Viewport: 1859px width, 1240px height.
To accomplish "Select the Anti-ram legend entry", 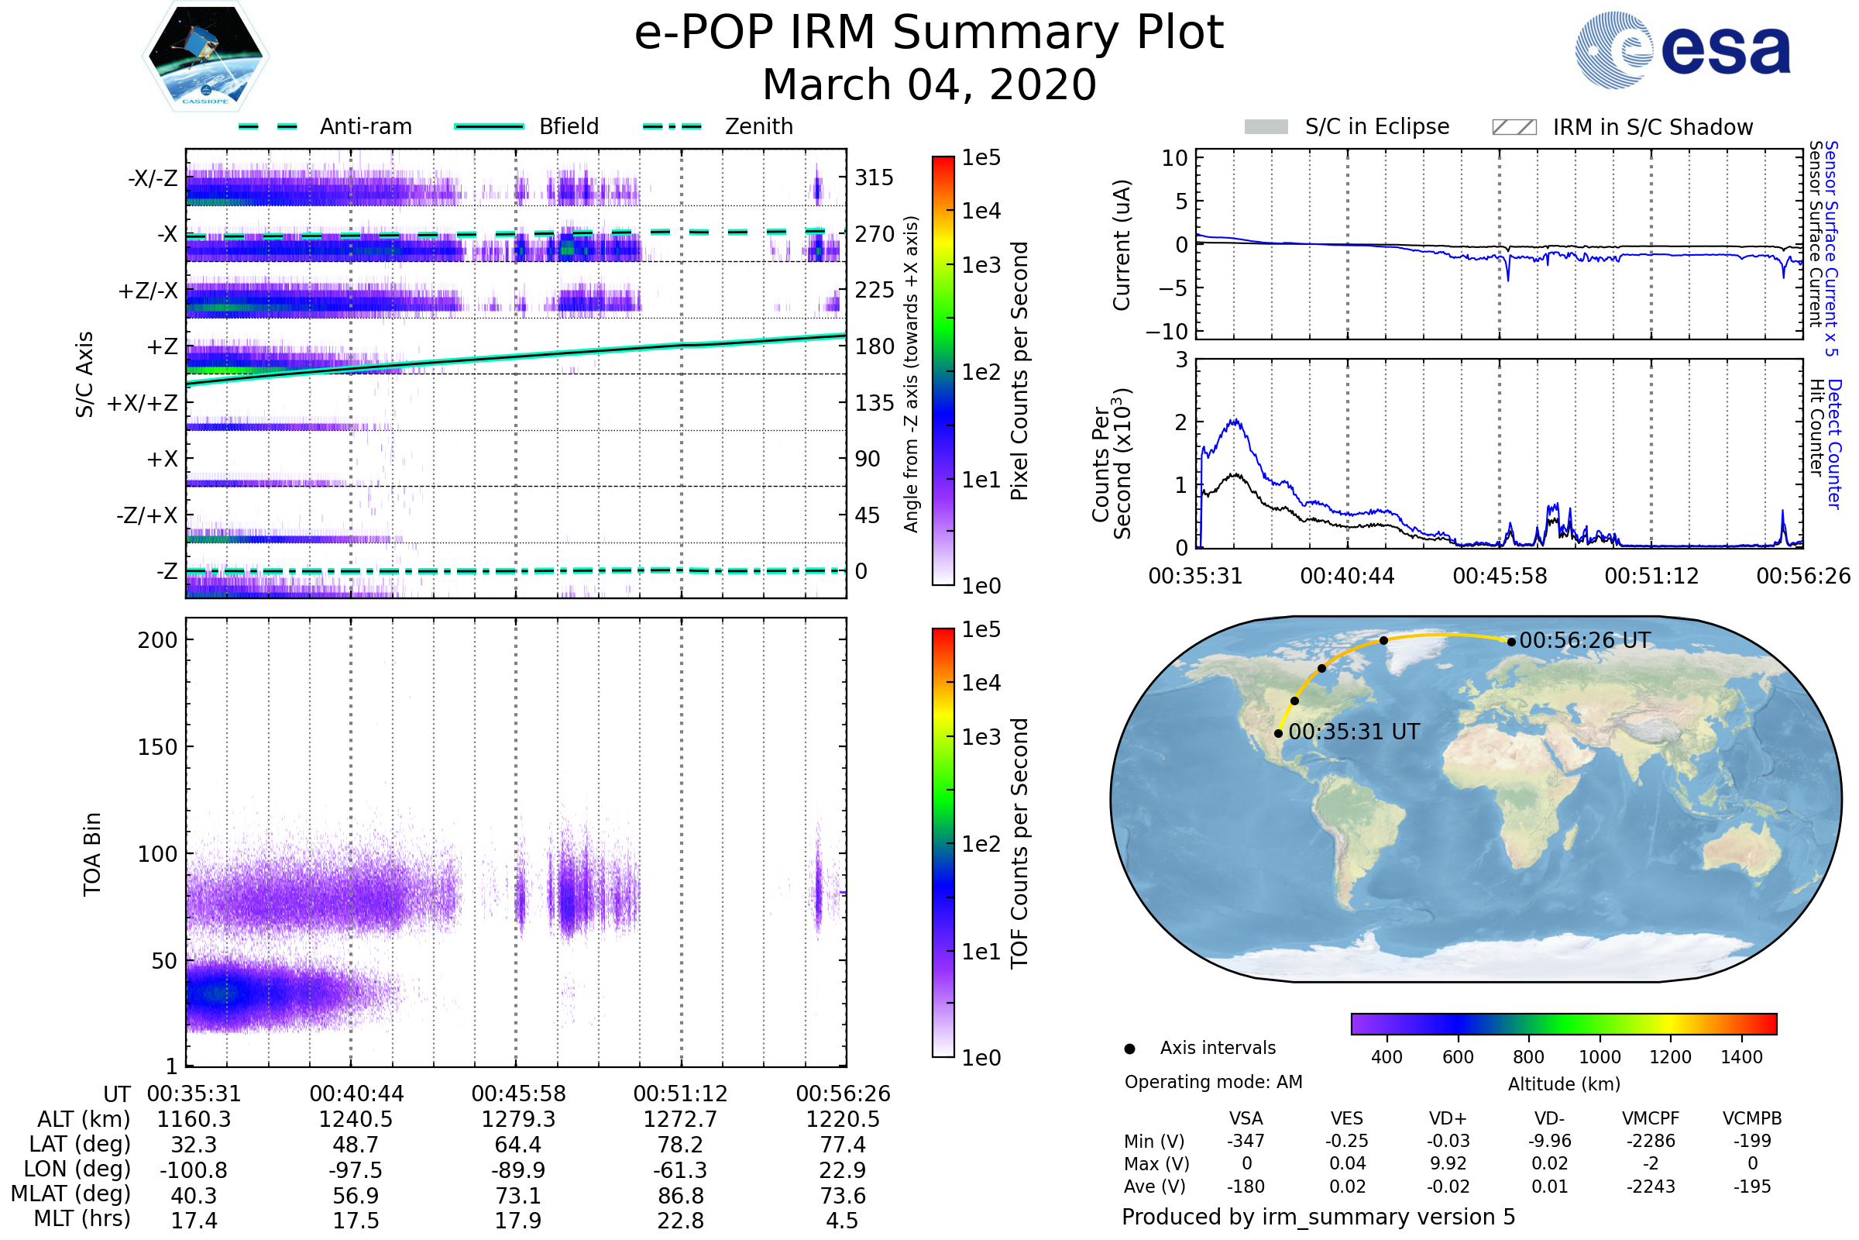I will point(365,126).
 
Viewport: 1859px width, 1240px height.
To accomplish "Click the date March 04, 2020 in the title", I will point(929,84).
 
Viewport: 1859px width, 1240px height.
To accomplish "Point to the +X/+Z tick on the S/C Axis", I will point(143,403).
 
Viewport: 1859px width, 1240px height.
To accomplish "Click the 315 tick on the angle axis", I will point(875,178).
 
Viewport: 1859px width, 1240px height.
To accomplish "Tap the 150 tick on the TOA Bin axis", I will point(157,747).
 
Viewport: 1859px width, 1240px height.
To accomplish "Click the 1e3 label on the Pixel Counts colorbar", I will point(981,266).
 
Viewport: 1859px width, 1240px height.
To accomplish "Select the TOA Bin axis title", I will point(91,854).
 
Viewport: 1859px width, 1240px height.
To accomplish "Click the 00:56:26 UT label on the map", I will point(1585,641).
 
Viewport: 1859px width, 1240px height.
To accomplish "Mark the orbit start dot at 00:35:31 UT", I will point(1279,734).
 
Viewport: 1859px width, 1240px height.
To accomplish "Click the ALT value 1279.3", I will point(518,1120).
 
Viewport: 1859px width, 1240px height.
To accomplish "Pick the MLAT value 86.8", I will point(681,1196).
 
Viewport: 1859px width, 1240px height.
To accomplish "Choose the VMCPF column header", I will point(1651,1119).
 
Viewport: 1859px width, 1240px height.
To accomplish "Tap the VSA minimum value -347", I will point(1246,1141).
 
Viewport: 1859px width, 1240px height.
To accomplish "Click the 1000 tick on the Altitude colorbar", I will point(1600,1057).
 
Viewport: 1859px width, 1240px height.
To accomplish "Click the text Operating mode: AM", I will point(1213,1082).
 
